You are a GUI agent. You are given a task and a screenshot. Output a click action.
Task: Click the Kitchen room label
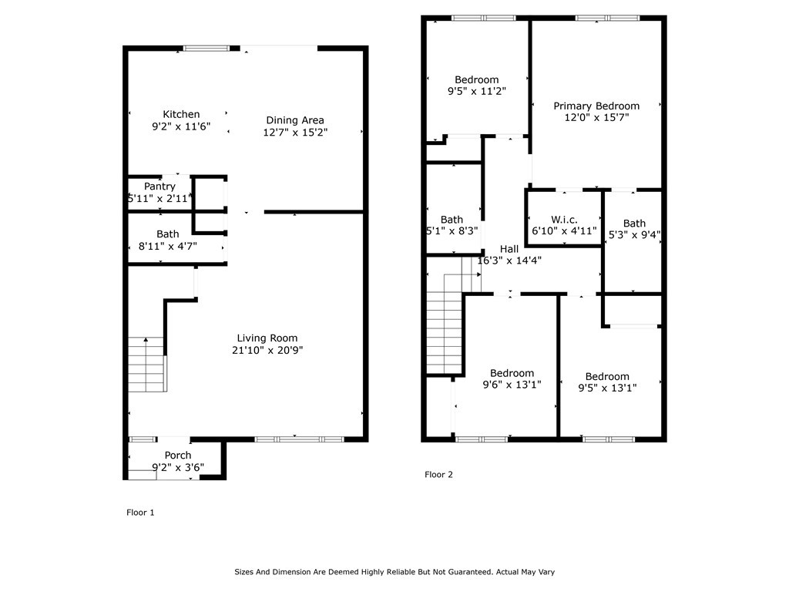click(181, 114)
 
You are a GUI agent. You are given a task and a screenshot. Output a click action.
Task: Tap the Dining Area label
click(295, 120)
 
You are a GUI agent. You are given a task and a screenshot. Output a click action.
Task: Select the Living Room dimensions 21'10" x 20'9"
click(267, 351)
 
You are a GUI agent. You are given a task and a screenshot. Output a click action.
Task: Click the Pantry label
click(159, 187)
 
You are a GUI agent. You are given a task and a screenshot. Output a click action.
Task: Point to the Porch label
click(178, 455)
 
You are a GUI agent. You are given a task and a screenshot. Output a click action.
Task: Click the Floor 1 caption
click(140, 513)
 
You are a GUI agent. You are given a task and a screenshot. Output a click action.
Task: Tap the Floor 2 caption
click(438, 474)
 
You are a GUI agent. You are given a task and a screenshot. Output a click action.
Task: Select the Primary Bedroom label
click(596, 106)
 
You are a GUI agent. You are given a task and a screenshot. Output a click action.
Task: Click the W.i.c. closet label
click(564, 220)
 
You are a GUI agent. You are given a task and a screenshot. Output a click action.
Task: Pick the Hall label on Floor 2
click(509, 249)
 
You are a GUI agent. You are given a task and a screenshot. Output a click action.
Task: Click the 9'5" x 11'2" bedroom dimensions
click(476, 91)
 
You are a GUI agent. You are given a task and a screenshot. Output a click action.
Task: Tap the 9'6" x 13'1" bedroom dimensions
click(512, 385)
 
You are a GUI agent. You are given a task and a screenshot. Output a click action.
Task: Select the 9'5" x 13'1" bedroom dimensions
click(607, 388)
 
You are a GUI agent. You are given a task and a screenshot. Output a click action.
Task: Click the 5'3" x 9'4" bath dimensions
click(634, 234)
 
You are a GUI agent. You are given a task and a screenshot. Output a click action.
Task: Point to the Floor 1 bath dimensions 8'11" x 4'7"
click(167, 246)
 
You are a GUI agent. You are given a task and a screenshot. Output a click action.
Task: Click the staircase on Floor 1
click(146, 365)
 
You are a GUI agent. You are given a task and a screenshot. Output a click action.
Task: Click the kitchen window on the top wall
click(206, 49)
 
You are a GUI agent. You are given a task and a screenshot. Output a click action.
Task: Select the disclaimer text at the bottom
click(394, 572)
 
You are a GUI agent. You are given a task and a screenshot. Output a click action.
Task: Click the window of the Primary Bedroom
click(607, 18)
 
